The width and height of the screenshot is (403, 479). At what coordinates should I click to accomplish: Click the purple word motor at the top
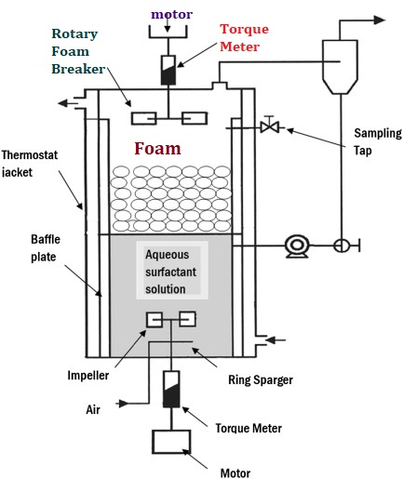coord(171,14)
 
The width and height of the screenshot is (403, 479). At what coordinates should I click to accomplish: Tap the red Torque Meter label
coord(244,37)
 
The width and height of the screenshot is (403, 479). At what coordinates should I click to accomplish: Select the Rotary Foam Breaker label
coord(78,51)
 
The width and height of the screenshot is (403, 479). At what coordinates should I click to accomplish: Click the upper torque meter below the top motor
coord(168,70)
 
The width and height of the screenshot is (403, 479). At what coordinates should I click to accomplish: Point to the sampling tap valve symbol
coord(269,126)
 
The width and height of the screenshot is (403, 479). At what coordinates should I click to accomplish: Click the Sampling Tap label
coord(378,141)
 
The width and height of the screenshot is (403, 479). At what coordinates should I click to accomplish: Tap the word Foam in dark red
coord(157,148)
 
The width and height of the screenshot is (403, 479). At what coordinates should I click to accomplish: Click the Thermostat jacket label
coord(30,164)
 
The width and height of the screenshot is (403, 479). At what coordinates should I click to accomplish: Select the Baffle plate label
coord(46,248)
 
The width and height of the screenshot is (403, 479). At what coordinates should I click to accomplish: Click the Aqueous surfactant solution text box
coord(172,270)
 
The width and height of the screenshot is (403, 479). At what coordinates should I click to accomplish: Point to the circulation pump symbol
coord(297,246)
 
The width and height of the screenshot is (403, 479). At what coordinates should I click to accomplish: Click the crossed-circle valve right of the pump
coord(342,246)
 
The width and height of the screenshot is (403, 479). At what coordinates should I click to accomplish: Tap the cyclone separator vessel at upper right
coord(340,67)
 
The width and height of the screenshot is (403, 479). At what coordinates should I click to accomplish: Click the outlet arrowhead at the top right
coord(379,20)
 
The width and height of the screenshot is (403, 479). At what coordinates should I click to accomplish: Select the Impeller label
coord(88,376)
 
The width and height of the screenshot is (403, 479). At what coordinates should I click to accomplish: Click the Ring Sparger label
coord(261,379)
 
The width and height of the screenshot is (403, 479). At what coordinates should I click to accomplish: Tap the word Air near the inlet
coord(93,409)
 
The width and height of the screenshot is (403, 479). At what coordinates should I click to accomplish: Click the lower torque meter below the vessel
coord(171,389)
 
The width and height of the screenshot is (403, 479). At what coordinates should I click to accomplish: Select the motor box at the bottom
coord(171,442)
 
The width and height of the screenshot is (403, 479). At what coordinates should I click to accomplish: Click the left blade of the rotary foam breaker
coord(143,118)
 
